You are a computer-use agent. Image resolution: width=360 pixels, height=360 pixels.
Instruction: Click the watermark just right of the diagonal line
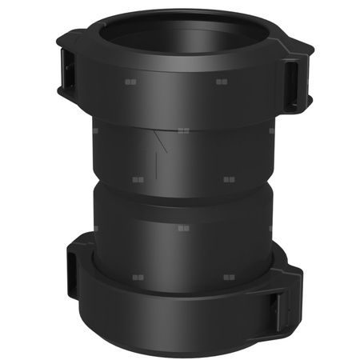click(183, 131)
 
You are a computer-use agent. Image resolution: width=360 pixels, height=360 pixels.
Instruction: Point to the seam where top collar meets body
click(180, 121)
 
